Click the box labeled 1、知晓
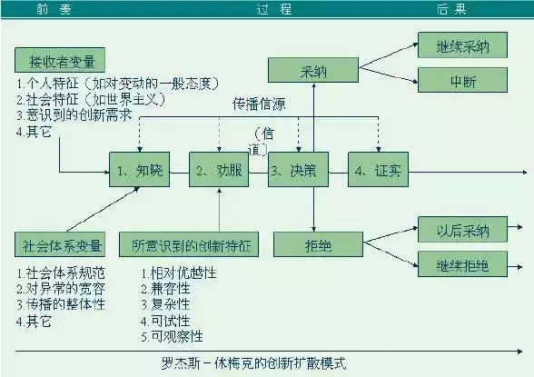click(x=136, y=170)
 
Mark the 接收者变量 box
click(x=61, y=61)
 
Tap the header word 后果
click(x=452, y=9)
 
